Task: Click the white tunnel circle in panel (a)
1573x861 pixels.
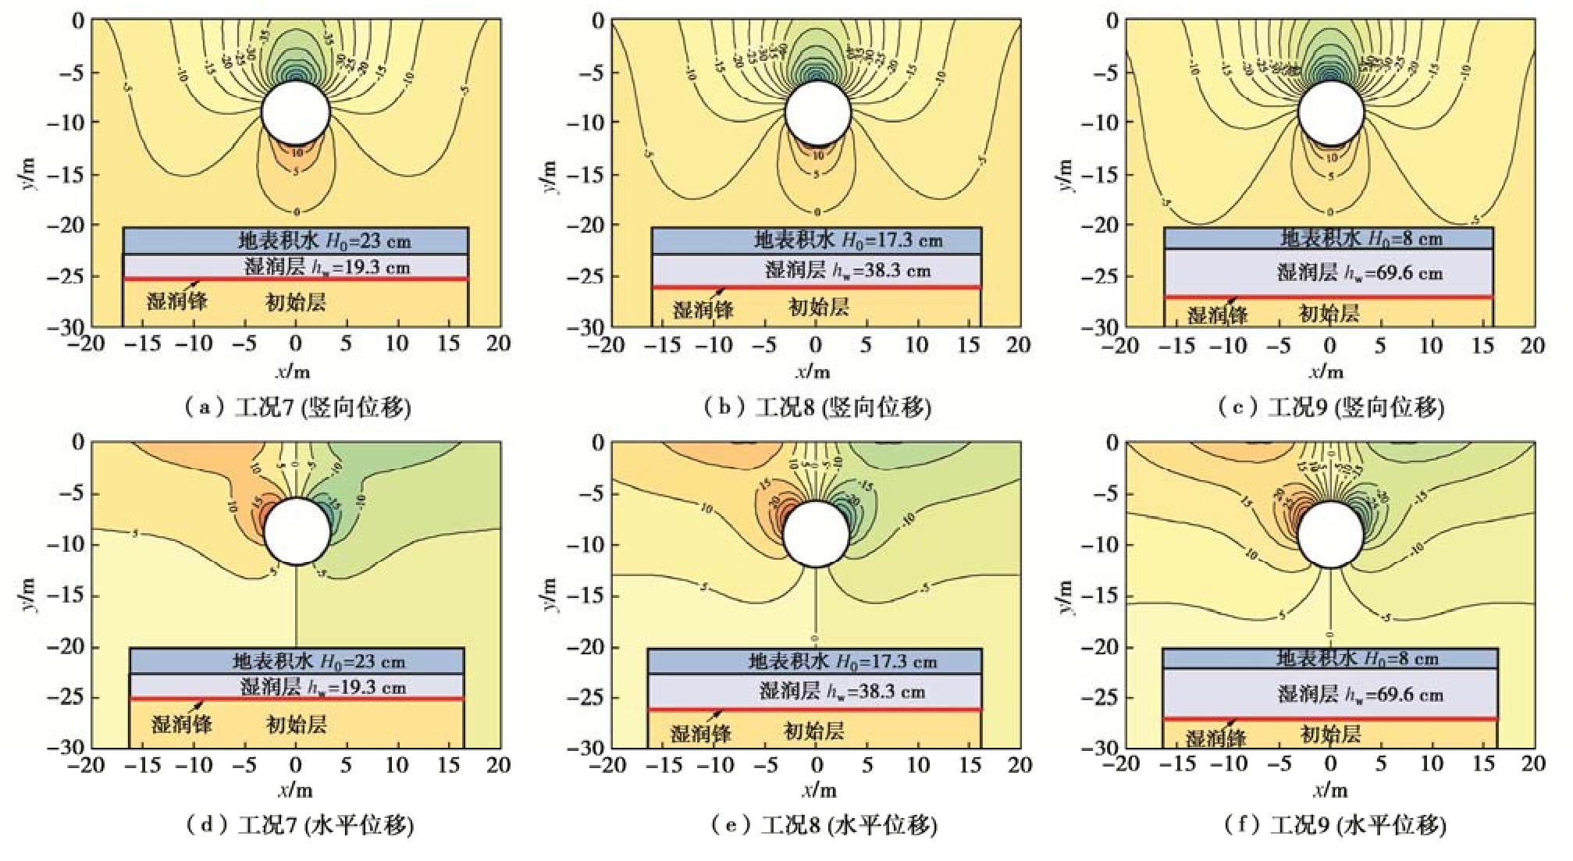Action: pos(296,112)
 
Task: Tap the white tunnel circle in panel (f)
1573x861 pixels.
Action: pos(1330,534)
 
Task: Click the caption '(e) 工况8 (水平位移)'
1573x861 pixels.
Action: pos(824,825)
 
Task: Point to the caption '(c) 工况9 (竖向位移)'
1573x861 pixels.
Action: pos(1331,407)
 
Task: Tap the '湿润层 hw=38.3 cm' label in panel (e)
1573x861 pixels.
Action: pos(842,691)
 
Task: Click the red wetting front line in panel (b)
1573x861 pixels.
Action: pos(817,287)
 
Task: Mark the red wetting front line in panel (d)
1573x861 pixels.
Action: pos(297,699)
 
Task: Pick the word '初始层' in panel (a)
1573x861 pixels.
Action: pos(296,302)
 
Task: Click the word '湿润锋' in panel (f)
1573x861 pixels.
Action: pos(1215,738)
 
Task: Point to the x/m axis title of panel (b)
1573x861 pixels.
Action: pos(813,371)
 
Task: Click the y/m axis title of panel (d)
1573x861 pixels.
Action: pos(29,595)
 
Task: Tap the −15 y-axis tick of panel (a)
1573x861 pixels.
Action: pos(67,174)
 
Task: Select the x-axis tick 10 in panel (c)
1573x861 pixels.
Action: pos(1430,345)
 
